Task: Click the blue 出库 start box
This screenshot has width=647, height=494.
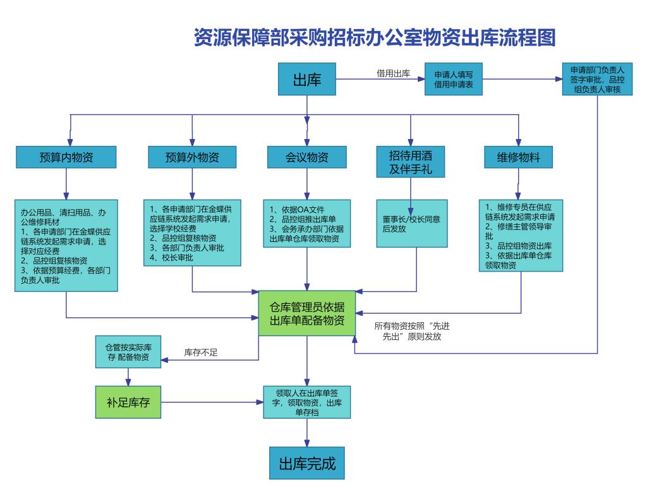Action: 306,80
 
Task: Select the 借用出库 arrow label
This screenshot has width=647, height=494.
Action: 394,73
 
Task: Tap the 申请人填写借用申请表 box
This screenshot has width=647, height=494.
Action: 453,79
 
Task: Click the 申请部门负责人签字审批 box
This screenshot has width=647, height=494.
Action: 596,79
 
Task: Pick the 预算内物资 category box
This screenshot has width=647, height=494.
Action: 66,157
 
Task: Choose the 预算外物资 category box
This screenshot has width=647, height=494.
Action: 192,157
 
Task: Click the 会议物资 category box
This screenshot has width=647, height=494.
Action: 306,157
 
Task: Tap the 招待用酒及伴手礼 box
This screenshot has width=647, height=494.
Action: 411,161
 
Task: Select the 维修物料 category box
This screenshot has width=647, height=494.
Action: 518,157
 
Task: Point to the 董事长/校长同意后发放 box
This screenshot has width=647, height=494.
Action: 411,224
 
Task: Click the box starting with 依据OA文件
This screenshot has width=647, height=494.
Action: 306,224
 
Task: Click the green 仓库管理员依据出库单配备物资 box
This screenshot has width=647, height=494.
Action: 307,313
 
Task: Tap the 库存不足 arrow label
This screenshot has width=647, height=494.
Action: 200,352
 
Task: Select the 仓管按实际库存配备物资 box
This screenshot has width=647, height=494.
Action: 128,352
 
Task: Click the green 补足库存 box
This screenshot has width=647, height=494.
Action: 128,402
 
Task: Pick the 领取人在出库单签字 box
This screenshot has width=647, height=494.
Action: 306,402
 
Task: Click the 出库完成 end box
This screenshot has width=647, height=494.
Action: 307,464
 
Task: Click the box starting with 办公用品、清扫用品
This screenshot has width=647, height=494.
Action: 66,245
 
